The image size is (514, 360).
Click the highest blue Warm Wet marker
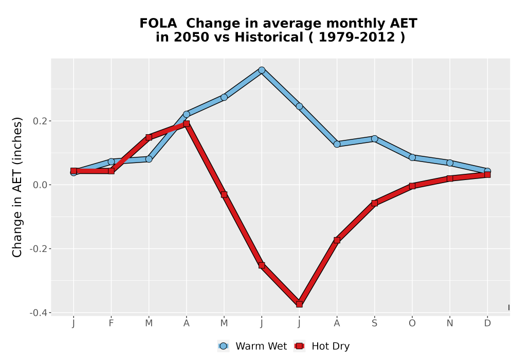tap(262, 70)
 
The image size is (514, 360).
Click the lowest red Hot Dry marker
tap(299, 304)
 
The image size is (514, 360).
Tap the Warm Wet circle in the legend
tap(223, 346)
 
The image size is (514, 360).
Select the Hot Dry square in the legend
tap(299, 346)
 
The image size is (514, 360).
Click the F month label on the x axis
tap(111, 323)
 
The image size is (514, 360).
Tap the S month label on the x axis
tap(374, 323)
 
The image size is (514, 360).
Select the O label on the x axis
tap(412, 323)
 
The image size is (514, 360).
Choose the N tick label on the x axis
tap(450, 323)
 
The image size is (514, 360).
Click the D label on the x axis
tap(487, 323)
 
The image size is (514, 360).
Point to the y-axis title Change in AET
tap(17, 187)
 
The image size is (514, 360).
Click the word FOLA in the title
tap(158, 24)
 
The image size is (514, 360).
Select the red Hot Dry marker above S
tap(374, 203)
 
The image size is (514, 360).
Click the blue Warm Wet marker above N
tap(450, 163)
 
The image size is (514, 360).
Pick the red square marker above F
tap(111, 171)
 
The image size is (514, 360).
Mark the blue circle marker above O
tap(412, 157)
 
